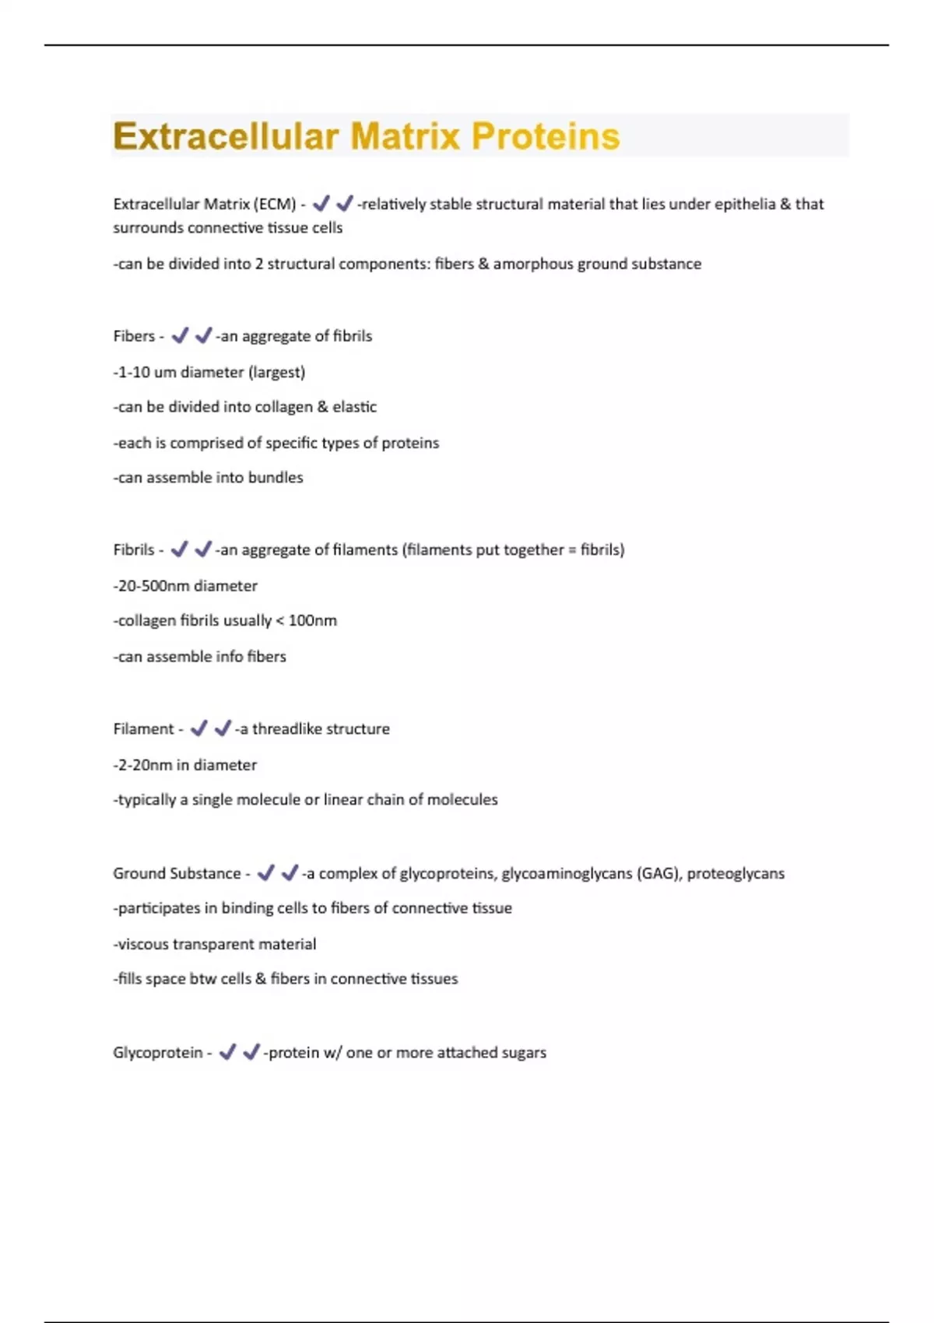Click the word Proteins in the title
(546, 137)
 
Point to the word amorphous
(532, 264)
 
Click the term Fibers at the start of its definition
(134, 336)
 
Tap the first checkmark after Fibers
(180, 335)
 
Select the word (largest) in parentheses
(276, 372)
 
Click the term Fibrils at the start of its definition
(134, 549)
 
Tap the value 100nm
(313, 621)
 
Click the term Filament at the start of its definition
(143, 729)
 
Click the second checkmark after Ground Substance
(290, 873)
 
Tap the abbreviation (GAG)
(658, 874)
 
